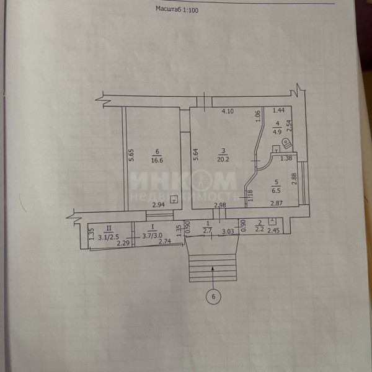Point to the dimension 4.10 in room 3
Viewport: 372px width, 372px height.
pos(228,112)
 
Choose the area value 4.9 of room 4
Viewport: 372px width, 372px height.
pos(277,131)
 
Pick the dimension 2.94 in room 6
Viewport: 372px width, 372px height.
pos(159,205)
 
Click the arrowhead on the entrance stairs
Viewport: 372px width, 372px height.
pos(213,269)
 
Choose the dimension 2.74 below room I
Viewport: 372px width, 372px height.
pos(164,242)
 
